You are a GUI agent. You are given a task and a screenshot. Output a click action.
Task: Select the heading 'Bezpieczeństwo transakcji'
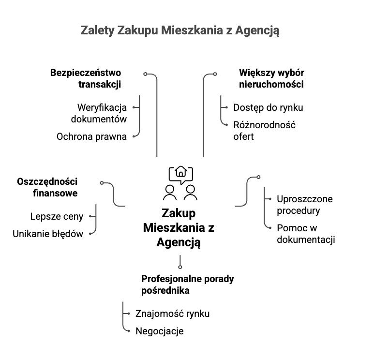click(86, 78)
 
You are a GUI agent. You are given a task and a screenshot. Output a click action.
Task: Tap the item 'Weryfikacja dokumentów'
click(99, 113)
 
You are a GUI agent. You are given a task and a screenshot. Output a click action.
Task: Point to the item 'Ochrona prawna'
click(91, 136)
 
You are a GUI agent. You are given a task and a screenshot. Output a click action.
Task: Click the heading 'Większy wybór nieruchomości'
click(271, 78)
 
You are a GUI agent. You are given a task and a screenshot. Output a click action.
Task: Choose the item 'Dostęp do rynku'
click(268, 107)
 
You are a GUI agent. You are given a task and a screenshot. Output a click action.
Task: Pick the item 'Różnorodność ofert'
click(264, 131)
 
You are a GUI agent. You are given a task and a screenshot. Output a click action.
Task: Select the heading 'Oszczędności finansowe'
click(47, 187)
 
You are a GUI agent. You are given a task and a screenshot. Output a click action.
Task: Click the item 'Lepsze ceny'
click(57, 216)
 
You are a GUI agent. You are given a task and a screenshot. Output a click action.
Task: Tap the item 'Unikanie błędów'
click(48, 234)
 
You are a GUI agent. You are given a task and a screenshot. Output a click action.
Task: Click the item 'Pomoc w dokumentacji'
click(306, 233)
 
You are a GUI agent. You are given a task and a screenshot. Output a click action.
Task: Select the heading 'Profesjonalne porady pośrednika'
click(187, 285)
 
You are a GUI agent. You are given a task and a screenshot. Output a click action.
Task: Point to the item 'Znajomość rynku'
click(172, 314)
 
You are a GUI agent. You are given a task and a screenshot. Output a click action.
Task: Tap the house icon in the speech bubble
click(181, 172)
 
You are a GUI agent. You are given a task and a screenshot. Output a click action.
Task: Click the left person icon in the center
click(170, 192)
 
